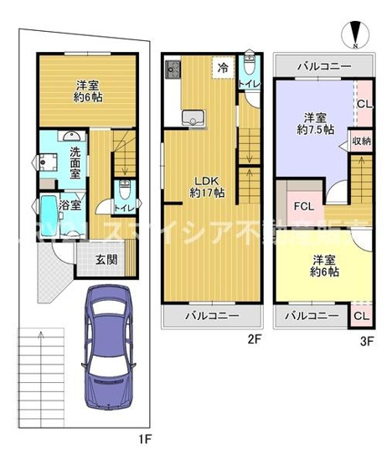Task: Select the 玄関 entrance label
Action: [x=106, y=259]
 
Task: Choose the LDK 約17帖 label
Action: [x=205, y=186]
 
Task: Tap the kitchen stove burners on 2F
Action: [x=173, y=68]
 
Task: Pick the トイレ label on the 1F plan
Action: [x=124, y=209]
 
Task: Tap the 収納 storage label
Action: [x=361, y=141]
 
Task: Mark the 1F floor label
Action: [x=144, y=437]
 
